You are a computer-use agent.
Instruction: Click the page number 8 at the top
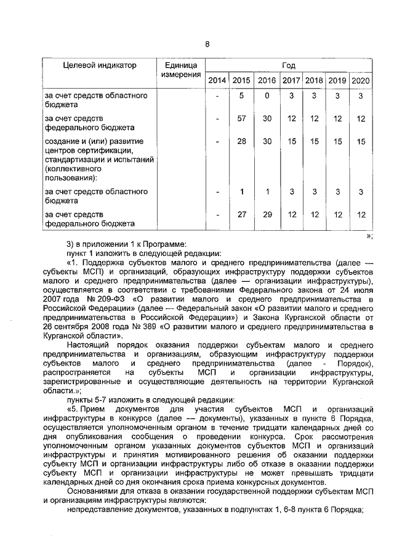[x=207, y=44]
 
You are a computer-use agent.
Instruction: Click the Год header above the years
[x=288, y=65]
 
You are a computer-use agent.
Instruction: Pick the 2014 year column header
[x=217, y=81]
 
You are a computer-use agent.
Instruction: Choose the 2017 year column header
[x=291, y=81]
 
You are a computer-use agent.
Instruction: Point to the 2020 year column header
[x=360, y=81]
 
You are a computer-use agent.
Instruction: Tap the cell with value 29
[x=267, y=214]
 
